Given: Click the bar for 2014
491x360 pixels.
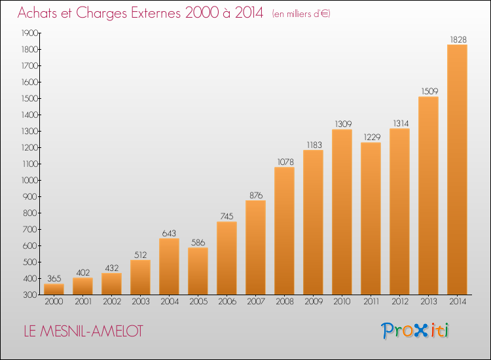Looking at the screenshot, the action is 457,170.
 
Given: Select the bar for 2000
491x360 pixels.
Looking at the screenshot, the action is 54,289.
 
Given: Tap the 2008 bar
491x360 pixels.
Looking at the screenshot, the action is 284,230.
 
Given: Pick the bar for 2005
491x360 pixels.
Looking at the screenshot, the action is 198,271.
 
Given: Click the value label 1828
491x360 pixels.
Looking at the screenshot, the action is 458,39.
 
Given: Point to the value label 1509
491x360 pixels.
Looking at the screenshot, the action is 429,91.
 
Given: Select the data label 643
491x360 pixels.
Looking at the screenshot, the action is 169,233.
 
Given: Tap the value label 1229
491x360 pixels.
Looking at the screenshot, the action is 372,137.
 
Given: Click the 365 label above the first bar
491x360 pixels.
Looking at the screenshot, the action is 54,278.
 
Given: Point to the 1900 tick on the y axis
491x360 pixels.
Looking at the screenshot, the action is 29,33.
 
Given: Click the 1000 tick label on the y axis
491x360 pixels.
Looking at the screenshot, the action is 29,180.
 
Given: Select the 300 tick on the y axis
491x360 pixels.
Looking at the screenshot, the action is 30,295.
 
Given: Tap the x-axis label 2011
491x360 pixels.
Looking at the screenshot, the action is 371,301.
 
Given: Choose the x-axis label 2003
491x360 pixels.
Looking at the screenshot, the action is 141,301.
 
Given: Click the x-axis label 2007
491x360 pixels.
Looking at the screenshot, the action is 256,301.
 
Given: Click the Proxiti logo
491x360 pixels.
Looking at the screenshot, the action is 415,331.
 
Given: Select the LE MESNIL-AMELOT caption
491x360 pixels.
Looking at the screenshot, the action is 83,331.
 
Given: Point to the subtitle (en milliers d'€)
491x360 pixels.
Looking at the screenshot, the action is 301,14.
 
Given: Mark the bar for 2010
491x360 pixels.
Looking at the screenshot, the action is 342,212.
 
